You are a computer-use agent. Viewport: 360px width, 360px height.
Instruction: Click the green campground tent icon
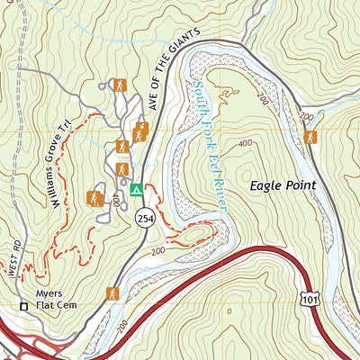click(136, 190)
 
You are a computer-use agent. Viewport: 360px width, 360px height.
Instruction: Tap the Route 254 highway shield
click(144, 217)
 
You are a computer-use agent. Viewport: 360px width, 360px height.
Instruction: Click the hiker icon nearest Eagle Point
click(310, 138)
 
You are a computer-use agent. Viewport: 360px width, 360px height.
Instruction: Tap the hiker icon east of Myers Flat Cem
click(112, 293)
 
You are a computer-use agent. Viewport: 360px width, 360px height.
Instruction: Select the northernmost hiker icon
click(119, 85)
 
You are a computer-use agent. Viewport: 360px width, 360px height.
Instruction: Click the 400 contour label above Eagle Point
click(245, 143)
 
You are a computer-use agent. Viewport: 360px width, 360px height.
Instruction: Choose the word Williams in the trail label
click(58, 184)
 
